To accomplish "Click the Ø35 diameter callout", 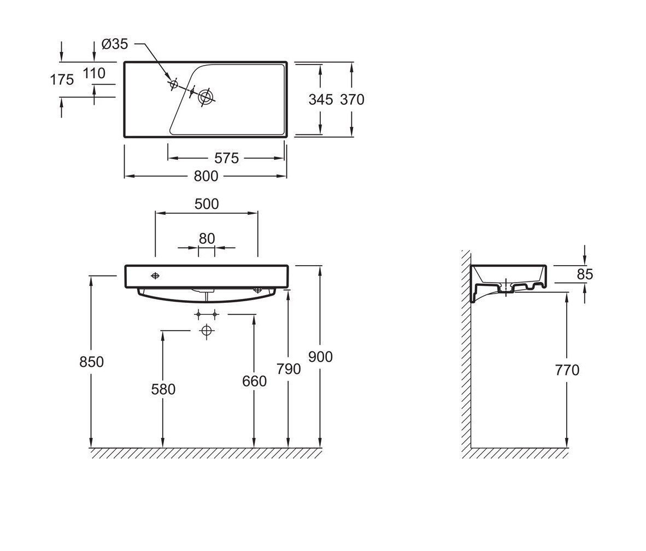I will coord(115,44).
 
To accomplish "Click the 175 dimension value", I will coord(62,80).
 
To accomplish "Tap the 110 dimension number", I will coord(94,73).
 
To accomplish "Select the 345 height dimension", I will coord(320,99).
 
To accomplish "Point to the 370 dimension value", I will coord(351,99).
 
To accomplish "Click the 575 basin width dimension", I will coord(226,158).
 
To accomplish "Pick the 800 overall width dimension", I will coord(206,176).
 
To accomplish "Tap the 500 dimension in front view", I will coord(207,204).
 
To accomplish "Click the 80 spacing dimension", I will coord(207,238).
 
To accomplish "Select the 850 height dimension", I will coord(91,362).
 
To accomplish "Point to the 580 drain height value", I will coord(163,389).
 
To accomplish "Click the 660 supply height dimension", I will coord(254,381).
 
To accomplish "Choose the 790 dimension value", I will coord(289,369).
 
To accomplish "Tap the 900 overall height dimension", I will coord(320,356).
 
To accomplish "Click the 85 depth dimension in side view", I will coord(584,274).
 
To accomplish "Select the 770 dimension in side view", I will coord(567,370).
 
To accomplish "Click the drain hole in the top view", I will coord(206,97).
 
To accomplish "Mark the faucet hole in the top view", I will coord(174,84).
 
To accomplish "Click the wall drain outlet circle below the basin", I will coord(206,330).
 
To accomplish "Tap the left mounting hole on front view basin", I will coord(156,275).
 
